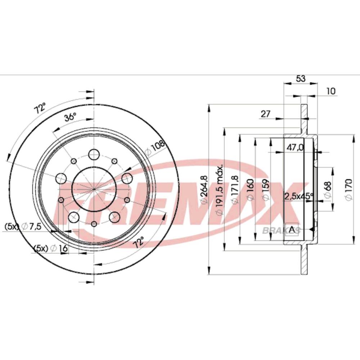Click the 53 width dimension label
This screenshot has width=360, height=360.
click(301, 79)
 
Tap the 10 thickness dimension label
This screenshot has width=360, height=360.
click(331, 91)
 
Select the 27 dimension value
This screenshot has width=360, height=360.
click(266, 114)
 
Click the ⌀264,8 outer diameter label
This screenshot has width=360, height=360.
click(204, 189)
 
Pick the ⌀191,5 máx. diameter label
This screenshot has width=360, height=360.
click(220, 190)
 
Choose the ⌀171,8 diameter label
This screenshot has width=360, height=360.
click(235, 190)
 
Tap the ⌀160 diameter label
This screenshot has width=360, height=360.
click(251, 190)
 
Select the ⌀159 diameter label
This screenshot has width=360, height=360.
click(265, 190)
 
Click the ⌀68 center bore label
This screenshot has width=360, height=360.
click(328, 190)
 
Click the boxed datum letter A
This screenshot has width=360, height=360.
click(292, 229)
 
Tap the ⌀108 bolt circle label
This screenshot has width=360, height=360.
click(156, 148)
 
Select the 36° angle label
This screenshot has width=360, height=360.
click(70, 118)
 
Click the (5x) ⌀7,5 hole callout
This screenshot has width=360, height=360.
click(23, 226)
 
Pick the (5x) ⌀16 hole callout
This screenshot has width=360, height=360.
click(51, 248)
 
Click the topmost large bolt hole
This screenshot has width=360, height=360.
click(94, 154)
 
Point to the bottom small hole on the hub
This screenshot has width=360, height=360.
click(94, 224)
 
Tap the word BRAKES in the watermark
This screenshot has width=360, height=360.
click(281, 230)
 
